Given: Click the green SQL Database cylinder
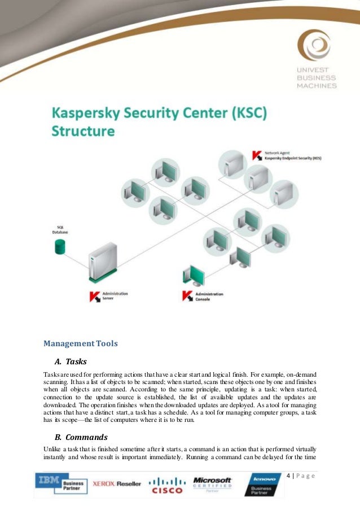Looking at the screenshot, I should point(58,246).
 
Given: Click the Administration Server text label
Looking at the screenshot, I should point(116,295).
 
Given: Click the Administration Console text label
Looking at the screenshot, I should point(209,296).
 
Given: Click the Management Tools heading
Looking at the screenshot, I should point(81,343).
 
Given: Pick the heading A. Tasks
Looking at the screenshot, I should point(71,361).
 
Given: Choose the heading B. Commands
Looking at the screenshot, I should point(81,437).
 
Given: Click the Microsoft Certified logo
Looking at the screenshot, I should point(212,483).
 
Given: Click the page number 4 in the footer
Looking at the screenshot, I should point(288,476).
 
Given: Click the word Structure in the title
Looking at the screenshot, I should point(84,132).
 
